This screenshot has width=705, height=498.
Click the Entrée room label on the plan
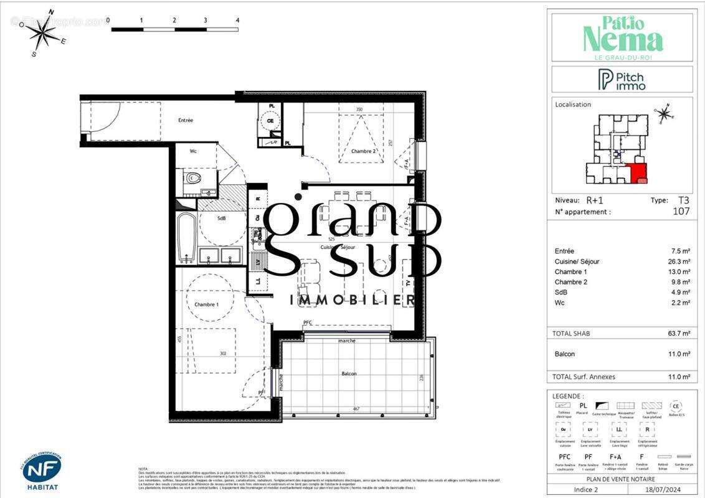[186, 120]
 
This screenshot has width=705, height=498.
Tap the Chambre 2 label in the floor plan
[346, 151]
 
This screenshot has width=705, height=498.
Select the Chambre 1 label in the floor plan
[207, 304]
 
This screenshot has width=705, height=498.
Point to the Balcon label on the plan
[349, 374]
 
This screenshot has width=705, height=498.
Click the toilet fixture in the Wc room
[193, 179]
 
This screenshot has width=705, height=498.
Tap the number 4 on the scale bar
[237, 20]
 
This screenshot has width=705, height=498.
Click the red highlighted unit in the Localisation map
[637, 172]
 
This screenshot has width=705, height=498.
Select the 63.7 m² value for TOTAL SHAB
[678, 334]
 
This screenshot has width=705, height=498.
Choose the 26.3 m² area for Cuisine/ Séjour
[678, 261]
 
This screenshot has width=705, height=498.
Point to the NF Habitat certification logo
[42, 471]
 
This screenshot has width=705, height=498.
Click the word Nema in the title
[622, 40]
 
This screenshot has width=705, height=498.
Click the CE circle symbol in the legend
[676, 405]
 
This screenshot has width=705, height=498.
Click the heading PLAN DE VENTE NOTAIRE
[621, 479]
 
